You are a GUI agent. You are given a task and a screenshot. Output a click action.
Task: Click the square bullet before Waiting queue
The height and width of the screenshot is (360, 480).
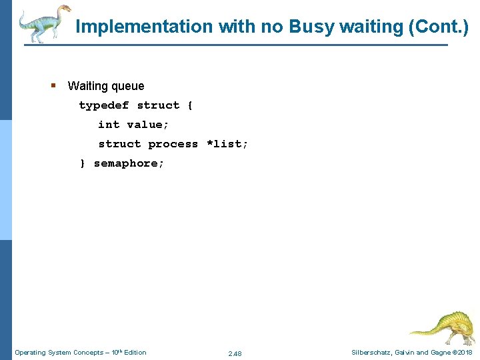pos(53,85)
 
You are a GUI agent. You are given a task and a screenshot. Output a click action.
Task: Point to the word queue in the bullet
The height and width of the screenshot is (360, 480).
pos(128,86)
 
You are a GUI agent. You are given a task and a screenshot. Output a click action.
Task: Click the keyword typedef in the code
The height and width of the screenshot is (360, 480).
pos(104,105)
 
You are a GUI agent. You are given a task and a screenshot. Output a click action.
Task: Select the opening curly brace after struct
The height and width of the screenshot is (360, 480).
pos(190,105)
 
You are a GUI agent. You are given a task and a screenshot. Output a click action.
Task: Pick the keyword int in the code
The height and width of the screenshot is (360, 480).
pos(109,125)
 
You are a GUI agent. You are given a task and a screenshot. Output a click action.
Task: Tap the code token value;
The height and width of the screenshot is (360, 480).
pos(148,125)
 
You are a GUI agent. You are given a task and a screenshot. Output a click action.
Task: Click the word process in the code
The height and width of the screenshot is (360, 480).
pos(173,144)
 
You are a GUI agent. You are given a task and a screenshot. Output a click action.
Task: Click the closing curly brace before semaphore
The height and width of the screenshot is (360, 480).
pos(83,163)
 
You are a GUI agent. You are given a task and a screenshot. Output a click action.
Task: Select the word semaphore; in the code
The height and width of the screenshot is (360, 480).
pos(129,163)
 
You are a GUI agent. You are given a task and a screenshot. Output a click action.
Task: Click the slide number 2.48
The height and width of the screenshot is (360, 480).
pos(235,353)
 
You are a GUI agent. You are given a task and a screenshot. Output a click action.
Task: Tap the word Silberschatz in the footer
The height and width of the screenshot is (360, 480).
pos(374,352)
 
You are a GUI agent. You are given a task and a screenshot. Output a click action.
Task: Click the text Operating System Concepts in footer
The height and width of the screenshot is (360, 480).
pos(58,352)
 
